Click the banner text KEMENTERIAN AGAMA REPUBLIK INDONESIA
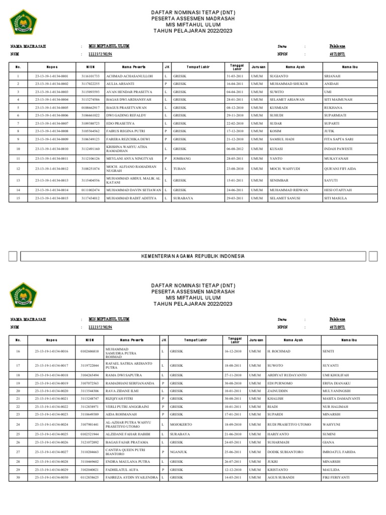click(194, 256)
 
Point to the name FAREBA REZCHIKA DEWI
click(124, 139)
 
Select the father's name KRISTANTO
click(278, 469)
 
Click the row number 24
click(18, 424)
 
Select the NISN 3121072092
click(90, 442)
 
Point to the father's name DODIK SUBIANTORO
click(285, 452)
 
